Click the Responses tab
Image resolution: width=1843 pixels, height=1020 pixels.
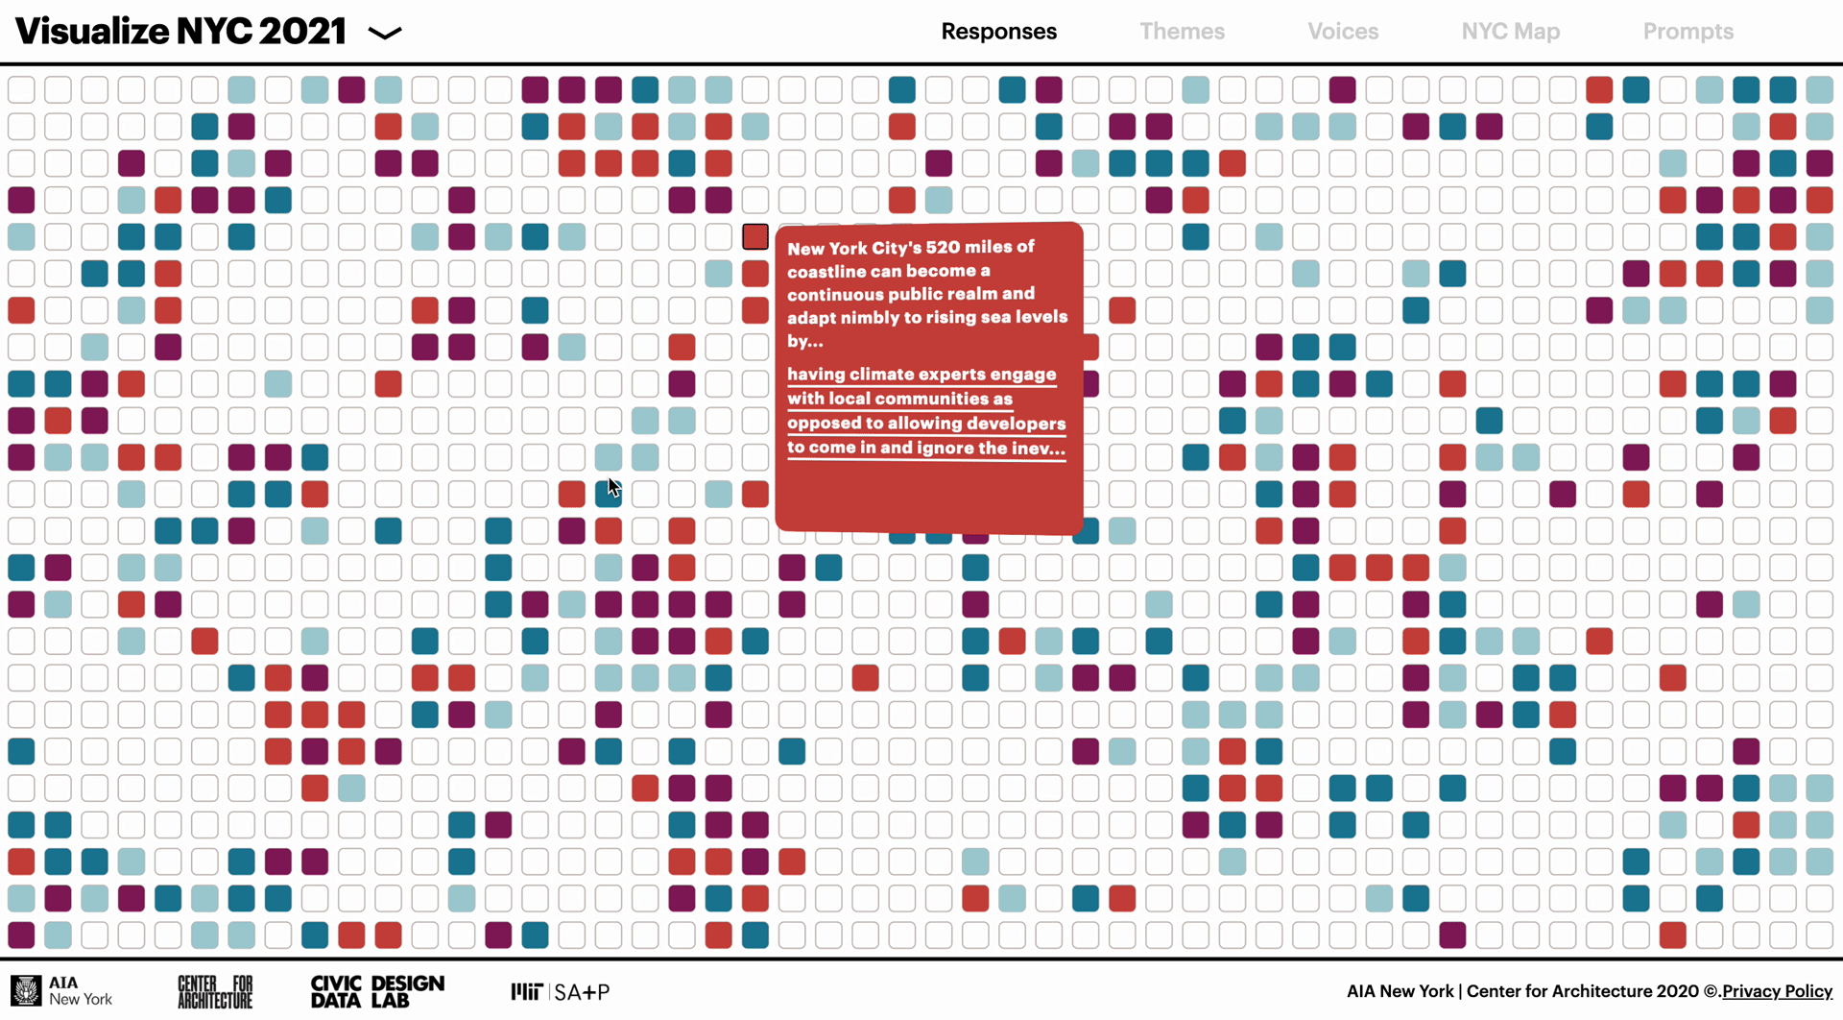pos(998,32)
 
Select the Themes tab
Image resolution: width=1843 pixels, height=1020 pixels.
pos(1182,32)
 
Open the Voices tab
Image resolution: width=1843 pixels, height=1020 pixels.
pos(1342,32)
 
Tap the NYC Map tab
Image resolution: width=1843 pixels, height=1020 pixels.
pos(1510,32)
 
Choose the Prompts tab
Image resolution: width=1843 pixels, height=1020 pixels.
pos(1687,32)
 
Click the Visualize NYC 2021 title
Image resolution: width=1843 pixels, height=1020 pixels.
pos(180,32)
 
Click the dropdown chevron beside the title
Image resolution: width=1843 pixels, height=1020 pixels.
pos(385,34)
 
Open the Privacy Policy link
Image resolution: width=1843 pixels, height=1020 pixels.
pos(1777,991)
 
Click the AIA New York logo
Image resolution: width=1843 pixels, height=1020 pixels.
pos(62,991)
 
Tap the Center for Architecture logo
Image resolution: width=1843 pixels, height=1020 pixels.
pos(215,991)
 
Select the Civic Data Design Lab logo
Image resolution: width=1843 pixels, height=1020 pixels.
pos(377,991)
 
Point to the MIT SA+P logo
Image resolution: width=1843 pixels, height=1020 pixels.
pos(561,991)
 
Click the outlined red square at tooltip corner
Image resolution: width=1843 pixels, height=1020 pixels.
pos(755,236)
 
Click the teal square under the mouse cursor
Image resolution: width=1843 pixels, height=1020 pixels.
pos(608,494)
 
